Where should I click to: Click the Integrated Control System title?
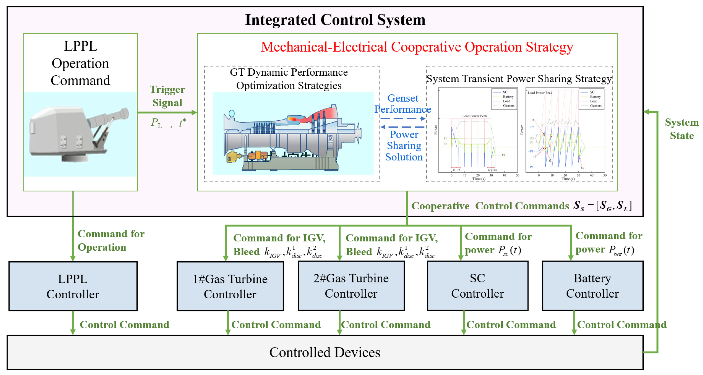tap(335, 20)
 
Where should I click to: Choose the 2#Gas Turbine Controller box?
tap(351, 286)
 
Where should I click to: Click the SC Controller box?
tap(477, 286)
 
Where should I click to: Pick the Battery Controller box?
tap(592, 286)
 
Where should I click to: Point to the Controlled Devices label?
tap(325, 352)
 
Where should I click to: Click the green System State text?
tap(681, 129)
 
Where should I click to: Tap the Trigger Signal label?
tap(167, 96)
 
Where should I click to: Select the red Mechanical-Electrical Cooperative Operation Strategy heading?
tap(417, 47)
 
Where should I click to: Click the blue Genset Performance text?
tap(403, 104)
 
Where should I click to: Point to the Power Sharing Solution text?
tap(404, 146)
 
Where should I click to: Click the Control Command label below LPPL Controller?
tap(124, 325)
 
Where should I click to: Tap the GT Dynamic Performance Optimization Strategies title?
tap(289, 79)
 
